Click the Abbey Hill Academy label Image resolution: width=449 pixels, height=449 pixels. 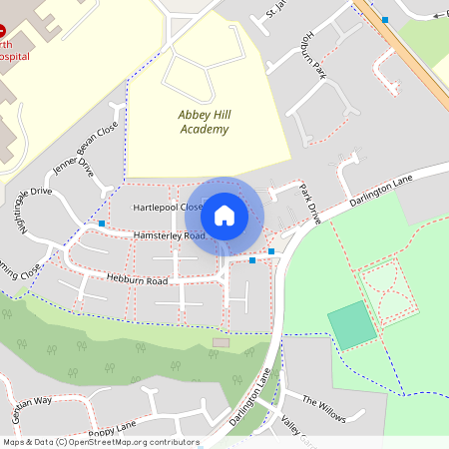click(x=205, y=122)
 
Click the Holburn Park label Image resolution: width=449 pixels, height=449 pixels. click(x=308, y=56)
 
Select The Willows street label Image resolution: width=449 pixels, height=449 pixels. click(x=322, y=404)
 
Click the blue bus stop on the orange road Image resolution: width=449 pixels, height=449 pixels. click(x=385, y=19)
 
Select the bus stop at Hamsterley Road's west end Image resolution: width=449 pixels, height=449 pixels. click(x=103, y=224)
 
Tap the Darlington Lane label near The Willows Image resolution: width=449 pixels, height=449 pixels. click(x=251, y=398)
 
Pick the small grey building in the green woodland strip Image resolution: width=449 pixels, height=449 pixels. click(x=221, y=343)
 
